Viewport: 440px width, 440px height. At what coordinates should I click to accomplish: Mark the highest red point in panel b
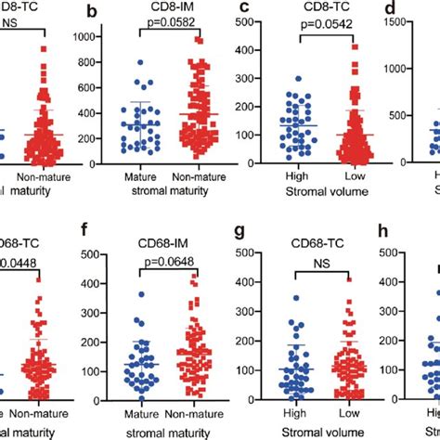click(x=198, y=40)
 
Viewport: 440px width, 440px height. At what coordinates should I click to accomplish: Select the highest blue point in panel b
click(x=138, y=62)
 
